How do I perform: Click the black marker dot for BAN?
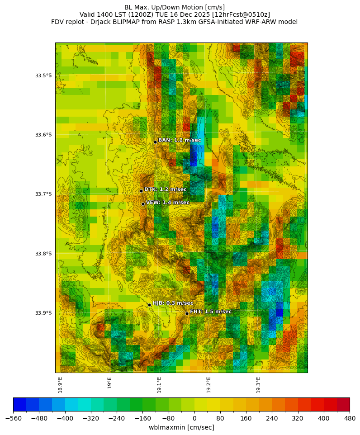point(155,142)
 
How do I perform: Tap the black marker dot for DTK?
point(141,191)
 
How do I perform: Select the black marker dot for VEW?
point(143,204)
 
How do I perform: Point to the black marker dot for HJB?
point(149,305)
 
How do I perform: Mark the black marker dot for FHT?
point(187,313)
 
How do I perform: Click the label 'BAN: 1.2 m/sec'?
point(180,140)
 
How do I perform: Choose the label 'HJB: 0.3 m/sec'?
point(173,303)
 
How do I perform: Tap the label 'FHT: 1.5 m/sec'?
point(211,312)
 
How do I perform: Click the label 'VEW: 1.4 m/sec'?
point(168,203)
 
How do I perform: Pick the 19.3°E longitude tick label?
point(259,385)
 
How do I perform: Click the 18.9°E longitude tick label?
point(60,385)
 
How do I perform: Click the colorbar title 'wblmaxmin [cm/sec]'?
point(181,427)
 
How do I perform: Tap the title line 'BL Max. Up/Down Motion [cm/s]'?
point(175,7)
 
